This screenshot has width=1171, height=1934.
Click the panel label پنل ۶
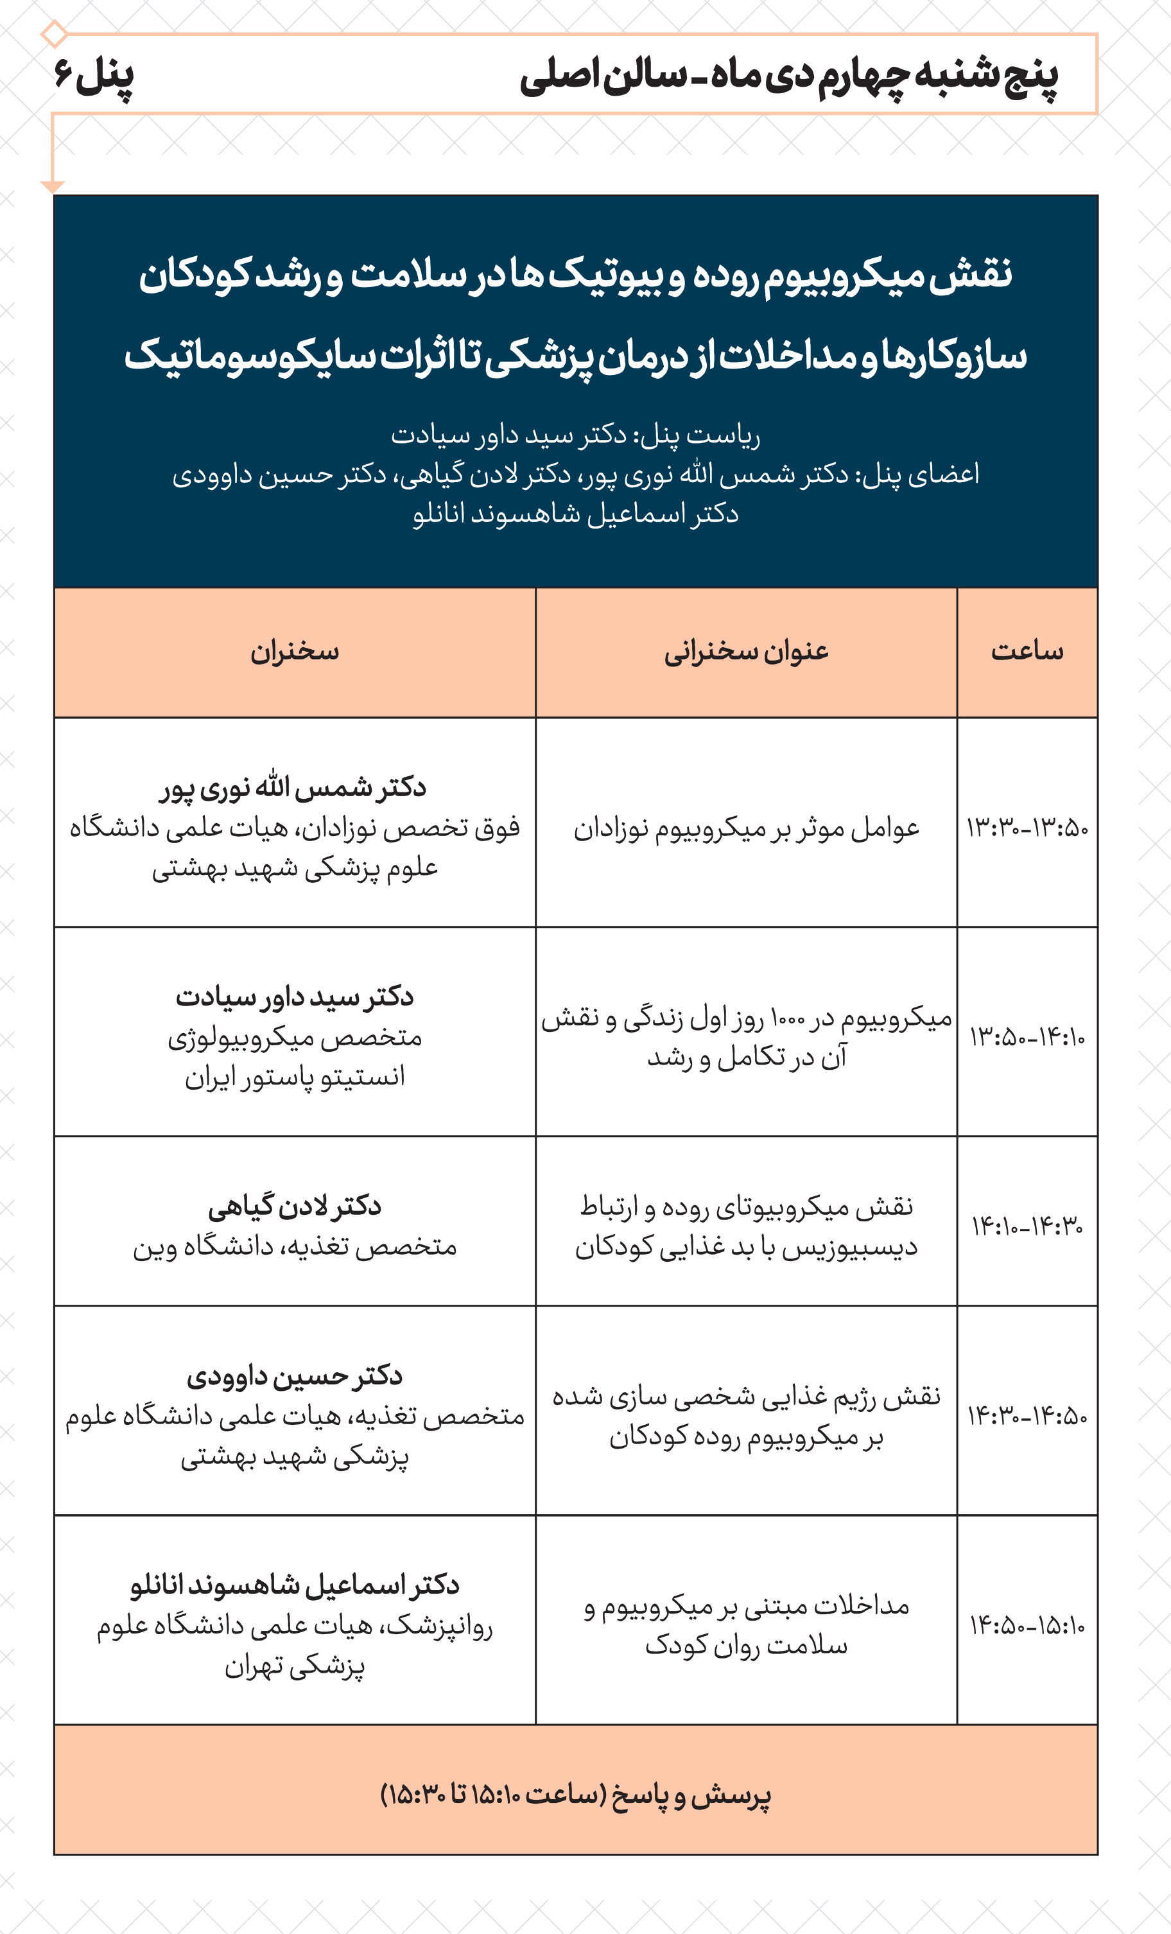coord(94,76)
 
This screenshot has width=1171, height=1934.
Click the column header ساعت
coord(1027,652)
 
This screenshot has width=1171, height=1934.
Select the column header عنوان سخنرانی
coord(747,652)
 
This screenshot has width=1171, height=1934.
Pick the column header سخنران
coord(294,652)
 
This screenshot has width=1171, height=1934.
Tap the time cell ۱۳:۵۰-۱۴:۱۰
coord(1027,1037)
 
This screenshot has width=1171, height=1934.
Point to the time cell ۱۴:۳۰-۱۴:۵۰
coord(1027,1416)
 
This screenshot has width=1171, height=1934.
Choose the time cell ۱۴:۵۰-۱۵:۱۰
coord(1027,1626)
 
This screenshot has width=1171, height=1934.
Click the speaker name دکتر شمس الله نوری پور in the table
coord(293,787)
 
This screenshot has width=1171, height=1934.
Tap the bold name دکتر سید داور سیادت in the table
coord(294,997)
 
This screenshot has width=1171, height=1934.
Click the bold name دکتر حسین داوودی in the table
coord(294,1376)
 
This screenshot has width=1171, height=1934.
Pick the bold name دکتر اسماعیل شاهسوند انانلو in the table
coord(294,1585)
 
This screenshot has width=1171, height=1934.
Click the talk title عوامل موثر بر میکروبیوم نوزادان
coord(747,829)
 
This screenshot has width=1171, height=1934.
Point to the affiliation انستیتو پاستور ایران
coord(294,1077)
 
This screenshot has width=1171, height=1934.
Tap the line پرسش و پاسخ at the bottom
coord(575,1795)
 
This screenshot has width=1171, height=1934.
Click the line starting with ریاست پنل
coord(575,435)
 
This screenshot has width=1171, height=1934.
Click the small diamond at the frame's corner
coord(54,35)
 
